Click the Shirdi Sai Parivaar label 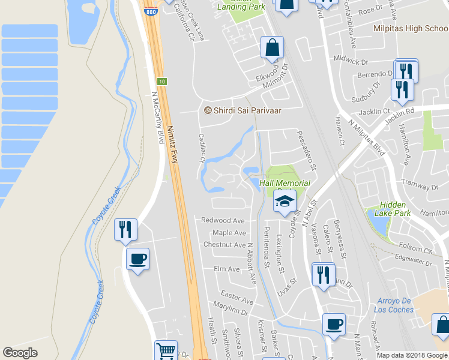pos(244,110)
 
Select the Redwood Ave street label pos(223,221)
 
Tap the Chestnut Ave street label pos(224,245)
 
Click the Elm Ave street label pos(226,269)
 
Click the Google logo pos(20,353)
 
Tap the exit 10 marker pos(161,81)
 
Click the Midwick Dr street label pos(351,62)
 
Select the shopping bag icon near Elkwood pos(272,47)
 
